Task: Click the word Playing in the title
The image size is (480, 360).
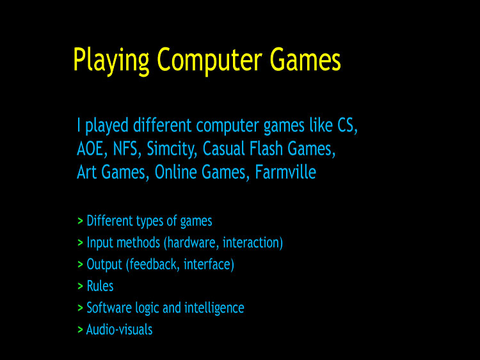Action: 111,60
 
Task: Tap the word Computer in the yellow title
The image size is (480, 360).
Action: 209,60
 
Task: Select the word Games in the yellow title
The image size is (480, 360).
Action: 305,59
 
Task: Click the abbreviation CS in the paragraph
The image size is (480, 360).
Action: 348,125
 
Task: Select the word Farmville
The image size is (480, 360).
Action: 285,172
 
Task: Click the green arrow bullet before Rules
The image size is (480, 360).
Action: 80,286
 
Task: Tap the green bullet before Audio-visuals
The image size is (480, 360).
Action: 80,329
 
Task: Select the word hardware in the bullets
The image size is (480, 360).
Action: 191,242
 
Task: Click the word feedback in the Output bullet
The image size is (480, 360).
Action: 153,264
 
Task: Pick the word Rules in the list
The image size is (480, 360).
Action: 100,286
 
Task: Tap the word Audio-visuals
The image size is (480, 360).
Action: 120,329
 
